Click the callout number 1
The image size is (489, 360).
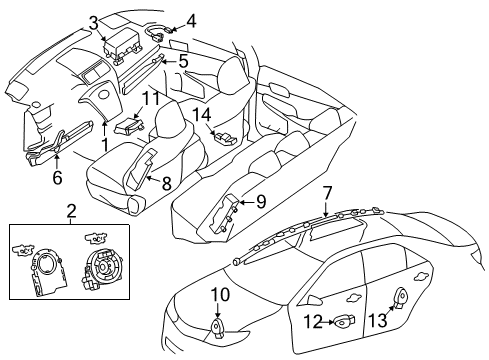[105, 143]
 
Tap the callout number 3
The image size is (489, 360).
[93, 21]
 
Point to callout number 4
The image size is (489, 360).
[191, 18]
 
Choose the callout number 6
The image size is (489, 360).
[56, 176]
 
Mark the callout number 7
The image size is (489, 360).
[327, 192]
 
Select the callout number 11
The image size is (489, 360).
[150, 98]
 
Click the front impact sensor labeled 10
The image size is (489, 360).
[219, 324]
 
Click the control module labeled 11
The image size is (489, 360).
[128, 125]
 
